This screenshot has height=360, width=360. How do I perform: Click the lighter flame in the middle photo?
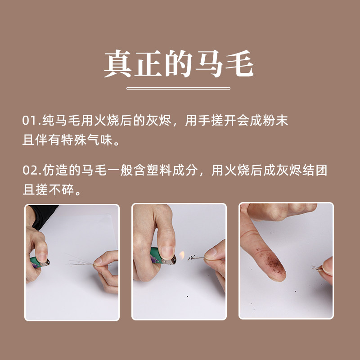(x=183, y=257)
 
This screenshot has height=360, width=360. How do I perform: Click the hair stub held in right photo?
(x=315, y=268)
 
